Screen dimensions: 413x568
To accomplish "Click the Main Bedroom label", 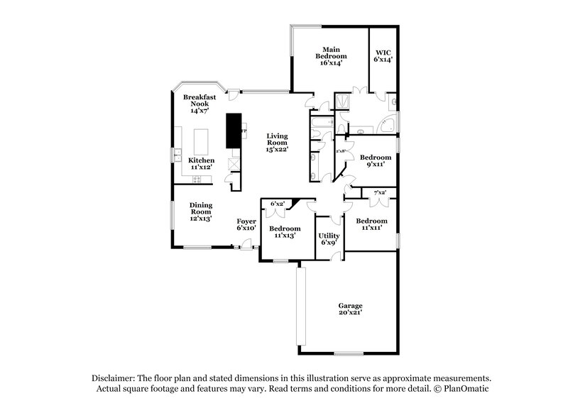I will (x=331, y=56).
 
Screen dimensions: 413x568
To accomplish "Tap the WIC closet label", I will (x=383, y=56).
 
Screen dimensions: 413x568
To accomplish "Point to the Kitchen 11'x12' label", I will (x=202, y=165).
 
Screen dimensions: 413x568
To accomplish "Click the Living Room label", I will (x=277, y=143).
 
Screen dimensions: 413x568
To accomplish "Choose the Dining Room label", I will (x=201, y=212).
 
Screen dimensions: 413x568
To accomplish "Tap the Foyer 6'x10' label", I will (x=246, y=225).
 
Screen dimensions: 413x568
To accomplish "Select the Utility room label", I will (x=329, y=239).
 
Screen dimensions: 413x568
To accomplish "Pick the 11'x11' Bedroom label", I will (x=372, y=224).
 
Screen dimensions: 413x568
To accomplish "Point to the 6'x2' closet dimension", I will (x=277, y=204).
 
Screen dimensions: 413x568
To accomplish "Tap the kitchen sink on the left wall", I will (x=175, y=154).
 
